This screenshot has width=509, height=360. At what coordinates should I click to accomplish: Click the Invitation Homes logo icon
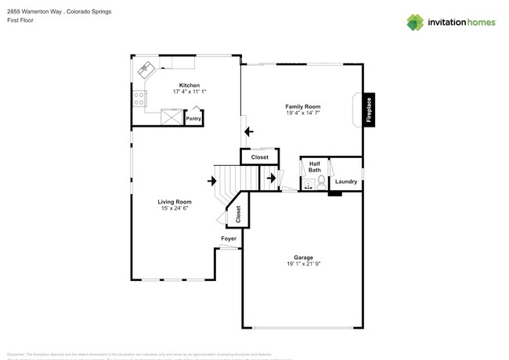415,22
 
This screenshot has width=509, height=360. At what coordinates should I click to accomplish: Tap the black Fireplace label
370,110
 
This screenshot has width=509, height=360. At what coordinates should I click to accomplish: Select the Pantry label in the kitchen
193,118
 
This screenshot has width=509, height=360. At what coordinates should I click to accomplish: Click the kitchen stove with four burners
139,99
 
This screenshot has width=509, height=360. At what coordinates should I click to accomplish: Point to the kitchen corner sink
146,69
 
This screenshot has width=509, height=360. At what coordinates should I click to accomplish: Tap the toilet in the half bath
321,181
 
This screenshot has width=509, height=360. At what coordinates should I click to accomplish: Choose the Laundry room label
345,182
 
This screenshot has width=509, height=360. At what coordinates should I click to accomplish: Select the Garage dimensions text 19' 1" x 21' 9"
303,264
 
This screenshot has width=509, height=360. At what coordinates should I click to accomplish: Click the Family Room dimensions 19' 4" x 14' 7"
303,113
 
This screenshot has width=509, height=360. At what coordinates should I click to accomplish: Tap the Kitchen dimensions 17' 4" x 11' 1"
190,92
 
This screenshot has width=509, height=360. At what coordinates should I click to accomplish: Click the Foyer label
228,239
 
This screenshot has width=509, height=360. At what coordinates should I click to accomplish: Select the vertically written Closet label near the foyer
238,213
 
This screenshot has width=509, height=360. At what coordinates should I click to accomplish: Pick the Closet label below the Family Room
259,157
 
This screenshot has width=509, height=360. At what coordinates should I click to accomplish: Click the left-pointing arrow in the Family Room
249,131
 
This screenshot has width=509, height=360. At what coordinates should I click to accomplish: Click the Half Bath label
314,167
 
